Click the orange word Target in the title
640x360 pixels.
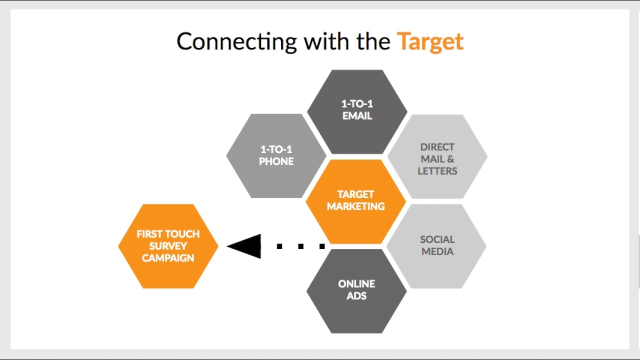430,42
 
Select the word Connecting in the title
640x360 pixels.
236,42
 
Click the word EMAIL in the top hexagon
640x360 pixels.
357,116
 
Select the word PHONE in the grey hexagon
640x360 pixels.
276,161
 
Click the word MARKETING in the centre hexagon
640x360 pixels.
355,206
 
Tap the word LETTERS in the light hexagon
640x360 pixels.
437,171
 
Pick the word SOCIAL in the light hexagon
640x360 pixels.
437,239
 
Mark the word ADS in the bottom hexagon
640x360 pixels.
356,296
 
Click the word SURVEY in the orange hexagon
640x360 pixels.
168,246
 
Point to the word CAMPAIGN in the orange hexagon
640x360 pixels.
168,258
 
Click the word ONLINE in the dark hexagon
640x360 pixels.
356,284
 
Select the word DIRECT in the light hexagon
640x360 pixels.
437,147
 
